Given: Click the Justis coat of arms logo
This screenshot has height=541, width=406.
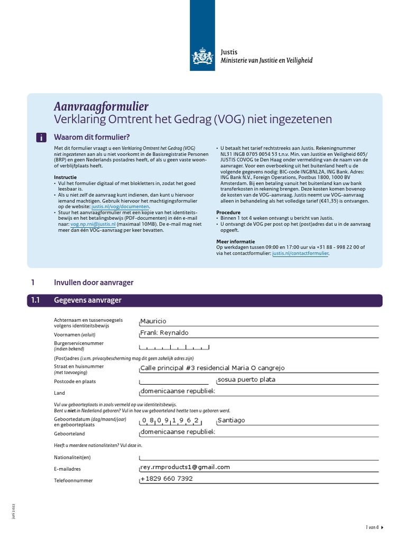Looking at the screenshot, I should tap(202, 56).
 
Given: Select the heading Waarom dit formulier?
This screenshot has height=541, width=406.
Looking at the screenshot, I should tap(92, 137).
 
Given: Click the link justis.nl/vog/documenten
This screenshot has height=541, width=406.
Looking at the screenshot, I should tap(121, 207).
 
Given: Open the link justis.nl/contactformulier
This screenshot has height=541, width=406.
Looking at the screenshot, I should tap(300, 254).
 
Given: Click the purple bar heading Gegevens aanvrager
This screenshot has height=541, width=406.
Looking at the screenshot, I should tap(88, 301).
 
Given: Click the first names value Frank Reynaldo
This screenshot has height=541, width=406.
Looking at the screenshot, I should tap(164, 333).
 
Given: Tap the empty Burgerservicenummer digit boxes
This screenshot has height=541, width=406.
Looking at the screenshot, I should tap(174, 347).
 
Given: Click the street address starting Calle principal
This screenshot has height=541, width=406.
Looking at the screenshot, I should tap(212, 368).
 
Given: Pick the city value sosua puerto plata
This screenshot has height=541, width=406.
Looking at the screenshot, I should tap(246, 380).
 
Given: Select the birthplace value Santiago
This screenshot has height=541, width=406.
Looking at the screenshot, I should tap(232, 421).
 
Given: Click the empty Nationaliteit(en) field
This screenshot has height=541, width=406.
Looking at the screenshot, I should tap(259, 457).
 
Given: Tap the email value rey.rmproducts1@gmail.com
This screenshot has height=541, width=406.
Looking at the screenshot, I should tap(185, 467).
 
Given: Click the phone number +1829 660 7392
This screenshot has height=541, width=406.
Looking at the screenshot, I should tap(167, 479).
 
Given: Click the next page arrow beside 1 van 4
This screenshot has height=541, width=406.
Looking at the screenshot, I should tap(382, 527).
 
